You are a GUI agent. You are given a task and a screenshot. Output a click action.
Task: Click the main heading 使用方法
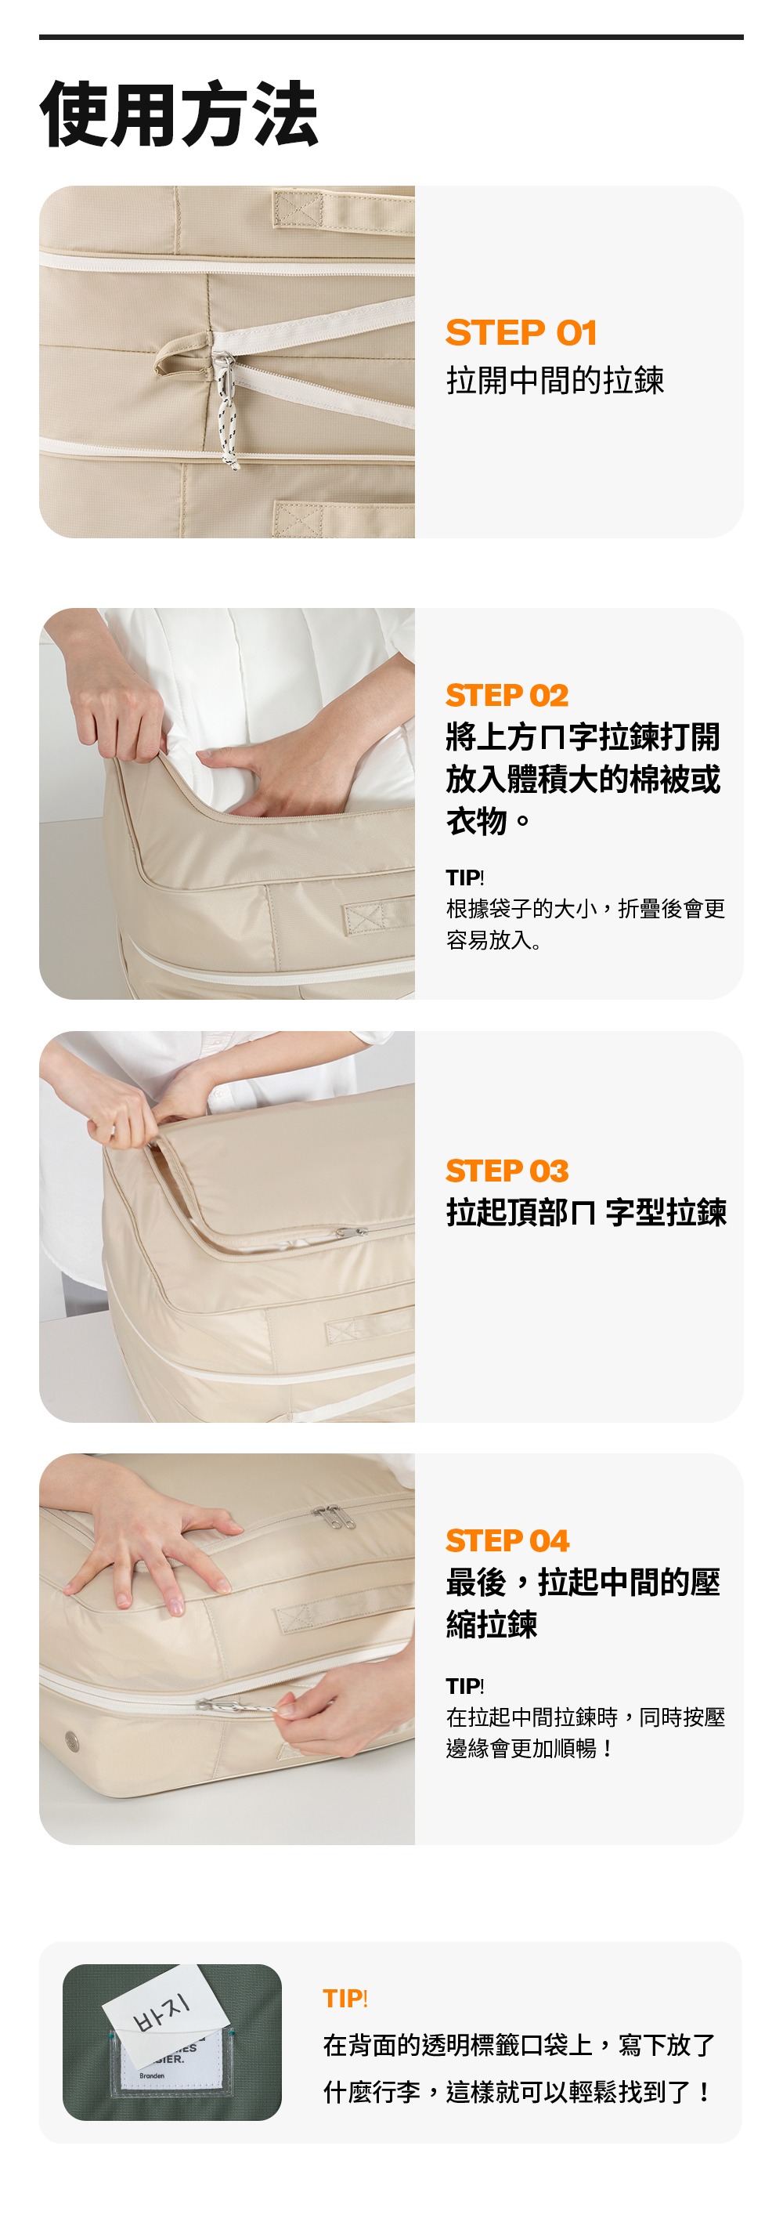(x=179, y=114)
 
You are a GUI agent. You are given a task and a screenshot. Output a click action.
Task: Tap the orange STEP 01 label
(x=521, y=332)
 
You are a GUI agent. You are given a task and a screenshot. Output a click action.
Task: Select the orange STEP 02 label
(x=507, y=696)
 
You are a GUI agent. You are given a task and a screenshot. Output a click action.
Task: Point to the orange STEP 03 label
(x=507, y=1171)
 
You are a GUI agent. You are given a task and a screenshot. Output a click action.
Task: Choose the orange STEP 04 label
(x=507, y=1541)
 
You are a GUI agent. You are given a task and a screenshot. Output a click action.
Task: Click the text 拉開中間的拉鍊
(x=555, y=380)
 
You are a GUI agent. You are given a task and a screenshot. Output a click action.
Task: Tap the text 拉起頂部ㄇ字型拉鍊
(x=586, y=1212)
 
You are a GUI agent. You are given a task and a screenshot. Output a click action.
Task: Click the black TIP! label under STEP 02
(x=465, y=878)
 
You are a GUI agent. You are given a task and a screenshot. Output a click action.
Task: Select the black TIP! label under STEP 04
(x=465, y=1686)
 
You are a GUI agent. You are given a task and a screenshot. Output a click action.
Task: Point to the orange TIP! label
(x=345, y=1998)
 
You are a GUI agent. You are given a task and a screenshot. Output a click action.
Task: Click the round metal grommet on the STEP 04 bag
(x=72, y=1740)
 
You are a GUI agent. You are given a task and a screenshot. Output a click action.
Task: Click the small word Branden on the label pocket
(x=152, y=2075)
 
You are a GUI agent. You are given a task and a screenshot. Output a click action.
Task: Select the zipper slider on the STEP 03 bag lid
(x=349, y=1232)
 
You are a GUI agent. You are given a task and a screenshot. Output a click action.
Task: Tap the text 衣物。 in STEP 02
(x=488, y=820)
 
